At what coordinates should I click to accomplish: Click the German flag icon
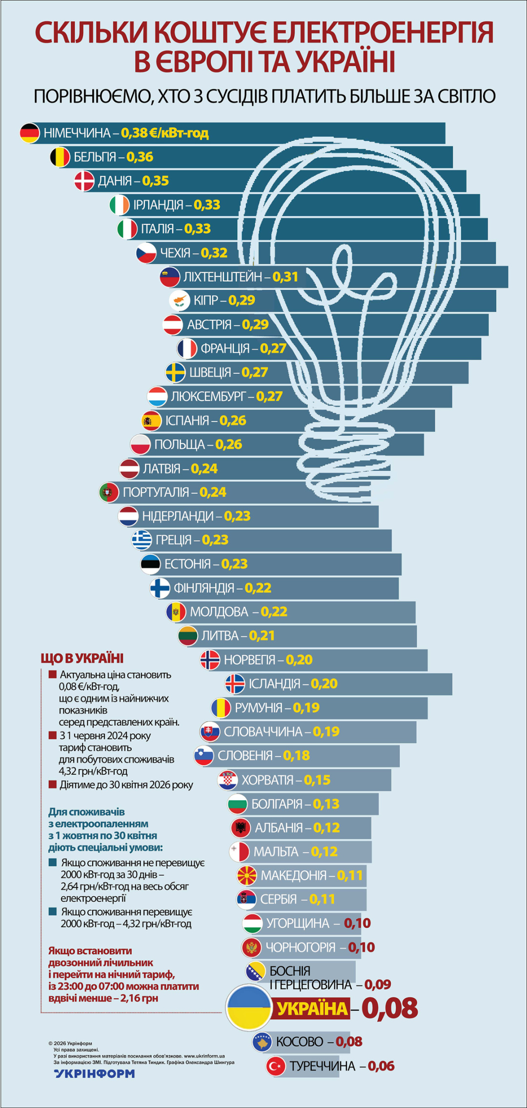click(x=30, y=133)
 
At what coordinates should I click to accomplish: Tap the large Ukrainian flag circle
click(x=248, y=1008)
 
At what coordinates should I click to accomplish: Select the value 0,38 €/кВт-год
click(x=165, y=133)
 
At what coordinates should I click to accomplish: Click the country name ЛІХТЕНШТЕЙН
click(x=223, y=277)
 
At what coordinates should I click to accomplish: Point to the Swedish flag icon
click(x=175, y=373)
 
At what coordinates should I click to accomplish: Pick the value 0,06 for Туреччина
click(x=381, y=1066)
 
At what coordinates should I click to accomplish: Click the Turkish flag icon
click(x=276, y=1066)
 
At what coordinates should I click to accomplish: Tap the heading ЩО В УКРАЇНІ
click(x=82, y=658)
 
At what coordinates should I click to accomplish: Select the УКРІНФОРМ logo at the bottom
click(x=95, y=1073)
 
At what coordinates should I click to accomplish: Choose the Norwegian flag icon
click(x=210, y=660)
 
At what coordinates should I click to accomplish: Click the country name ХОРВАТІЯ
click(x=268, y=780)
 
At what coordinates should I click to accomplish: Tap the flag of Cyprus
click(x=179, y=301)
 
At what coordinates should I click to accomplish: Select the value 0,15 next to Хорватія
click(x=317, y=780)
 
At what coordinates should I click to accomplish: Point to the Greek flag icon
click(x=142, y=540)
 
